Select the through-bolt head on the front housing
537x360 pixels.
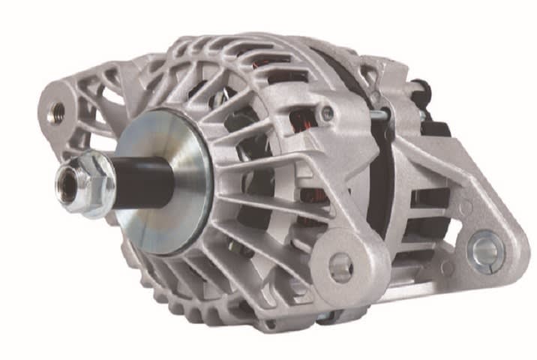pyautogui.click(x=328, y=114)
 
